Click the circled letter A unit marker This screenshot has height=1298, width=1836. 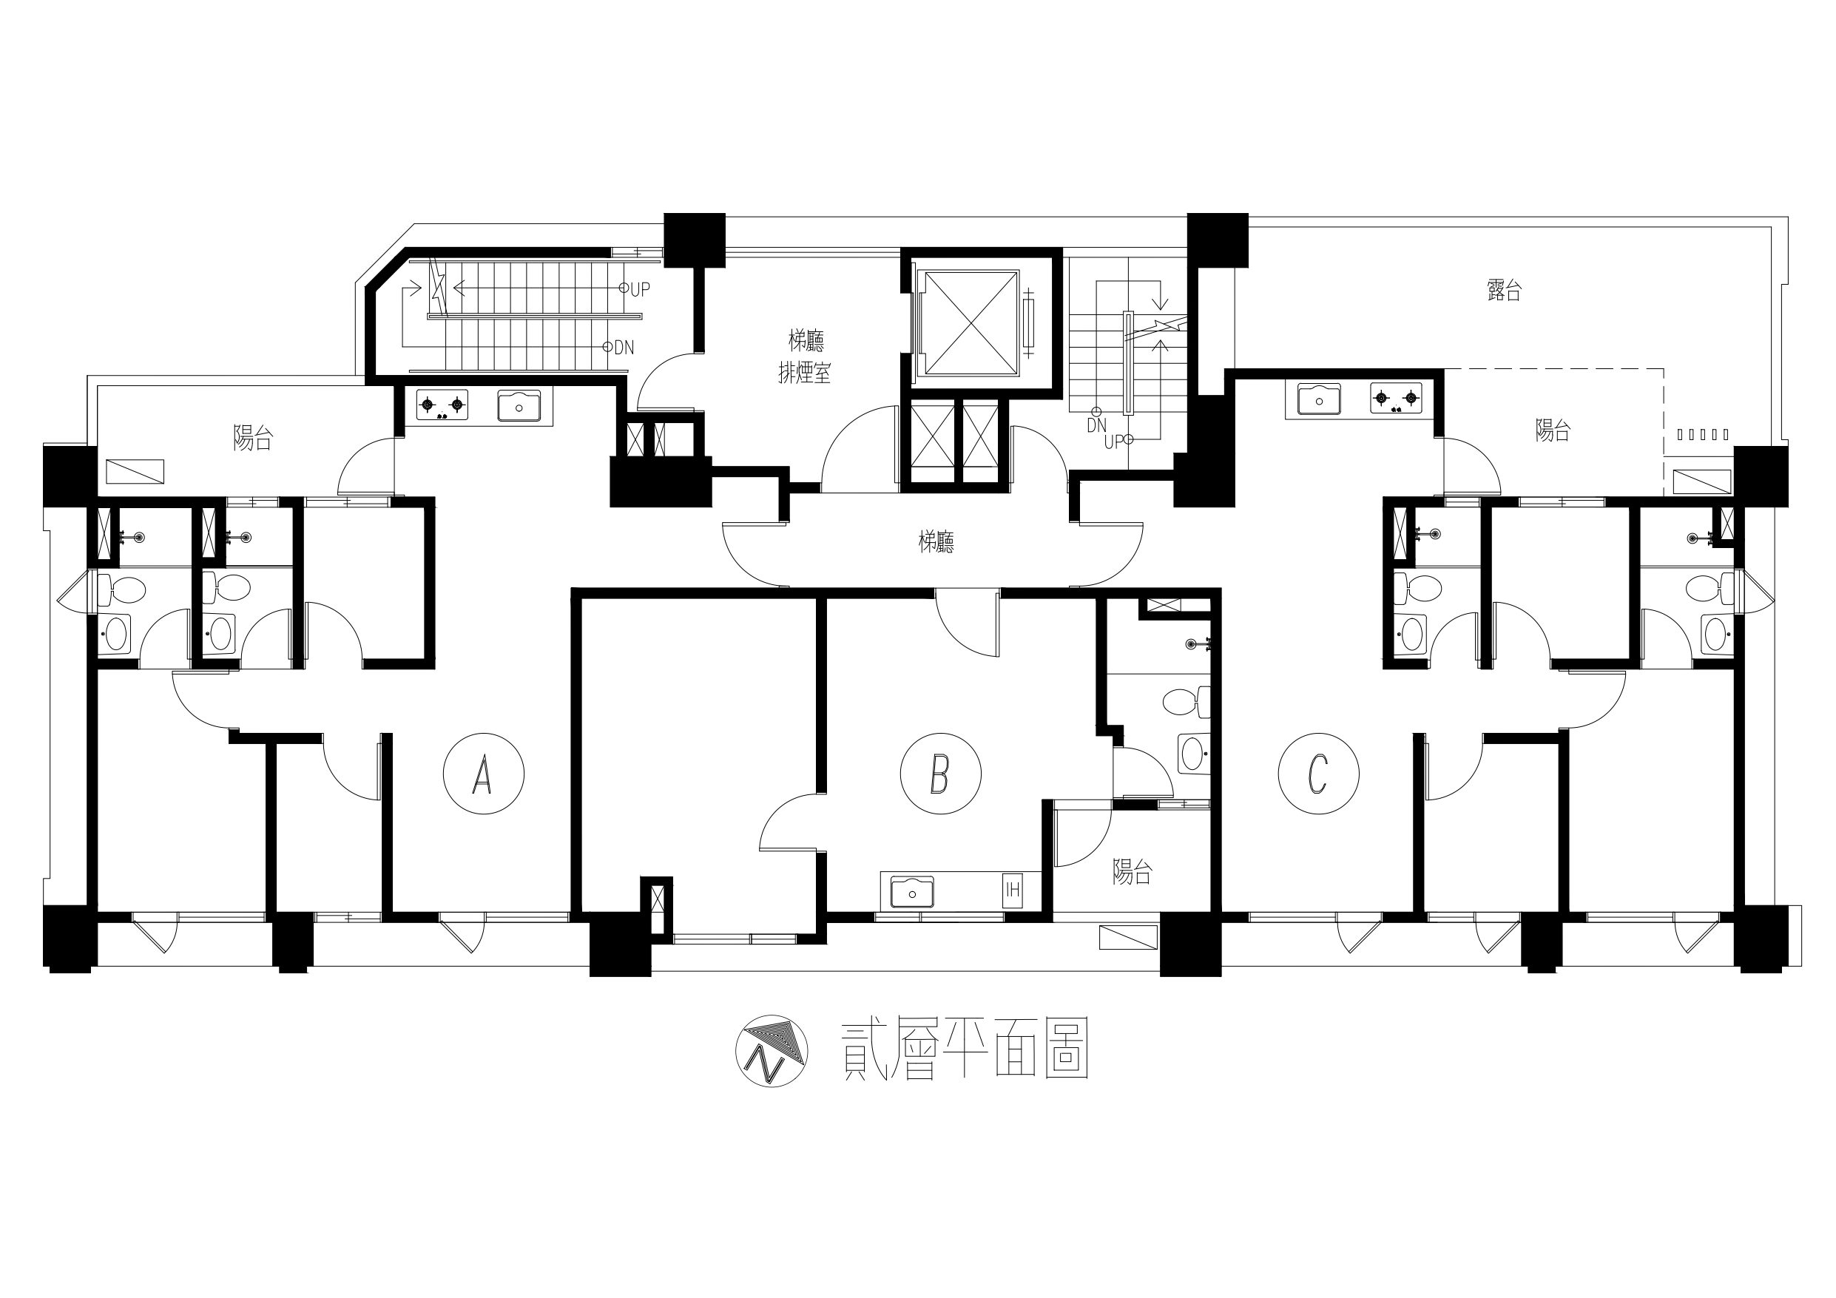tap(484, 774)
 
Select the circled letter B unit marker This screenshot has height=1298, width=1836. tap(940, 774)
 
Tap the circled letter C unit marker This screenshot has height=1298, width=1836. tap(1319, 774)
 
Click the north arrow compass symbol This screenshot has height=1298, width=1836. tap(772, 1051)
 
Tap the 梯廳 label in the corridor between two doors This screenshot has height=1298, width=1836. tap(936, 543)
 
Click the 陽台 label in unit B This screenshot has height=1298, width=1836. tap(1133, 872)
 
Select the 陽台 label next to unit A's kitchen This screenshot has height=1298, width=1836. tap(254, 437)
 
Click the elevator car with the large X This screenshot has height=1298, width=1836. tap(970, 322)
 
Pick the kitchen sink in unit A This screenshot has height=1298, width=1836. tap(519, 405)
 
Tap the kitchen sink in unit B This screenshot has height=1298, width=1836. tap(912, 893)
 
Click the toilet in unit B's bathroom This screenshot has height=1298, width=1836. tap(1187, 702)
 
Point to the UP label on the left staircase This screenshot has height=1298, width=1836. tap(640, 289)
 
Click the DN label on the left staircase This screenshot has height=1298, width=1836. tap(624, 348)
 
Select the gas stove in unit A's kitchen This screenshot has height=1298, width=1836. tap(442, 405)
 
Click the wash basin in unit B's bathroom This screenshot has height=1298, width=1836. tap(1194, 754)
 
